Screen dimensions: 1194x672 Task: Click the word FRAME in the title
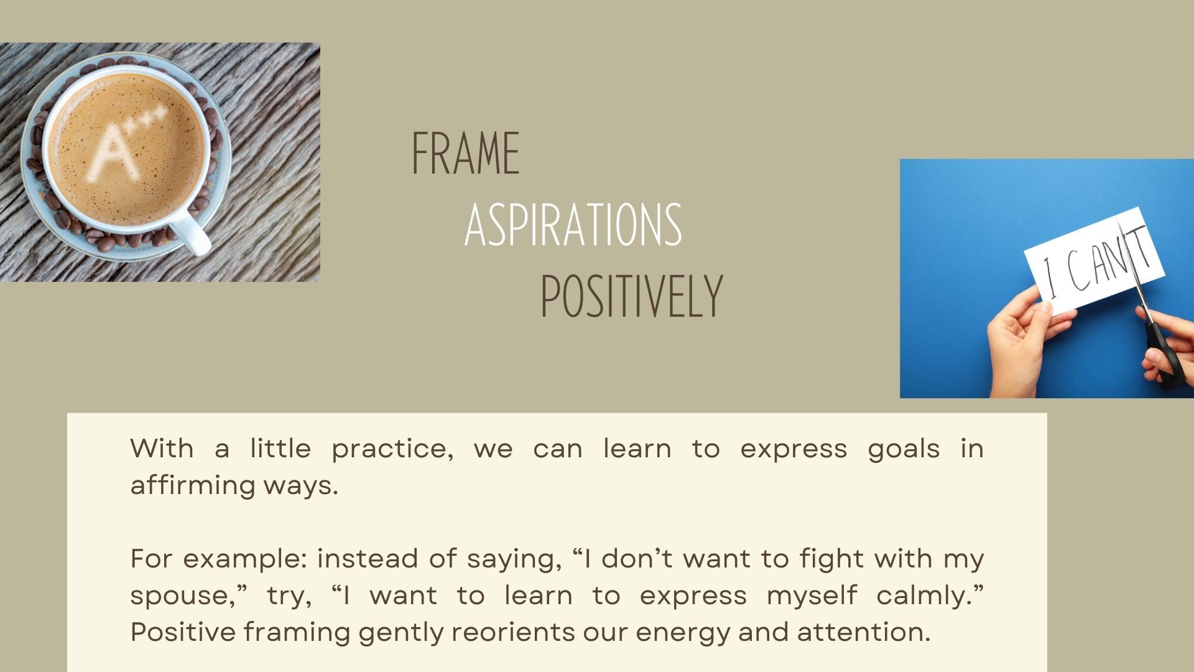pyautogui.click(x=466, y=153)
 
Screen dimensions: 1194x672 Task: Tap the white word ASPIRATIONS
pyautogui.click(x=573, y=225)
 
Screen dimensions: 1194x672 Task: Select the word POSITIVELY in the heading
pyautogui.click(x=631, y=297)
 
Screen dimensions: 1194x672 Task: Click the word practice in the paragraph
pyautogui.click(x=392, y=449)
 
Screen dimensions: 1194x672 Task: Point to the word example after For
pyautogui.click(x=245, y=559)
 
